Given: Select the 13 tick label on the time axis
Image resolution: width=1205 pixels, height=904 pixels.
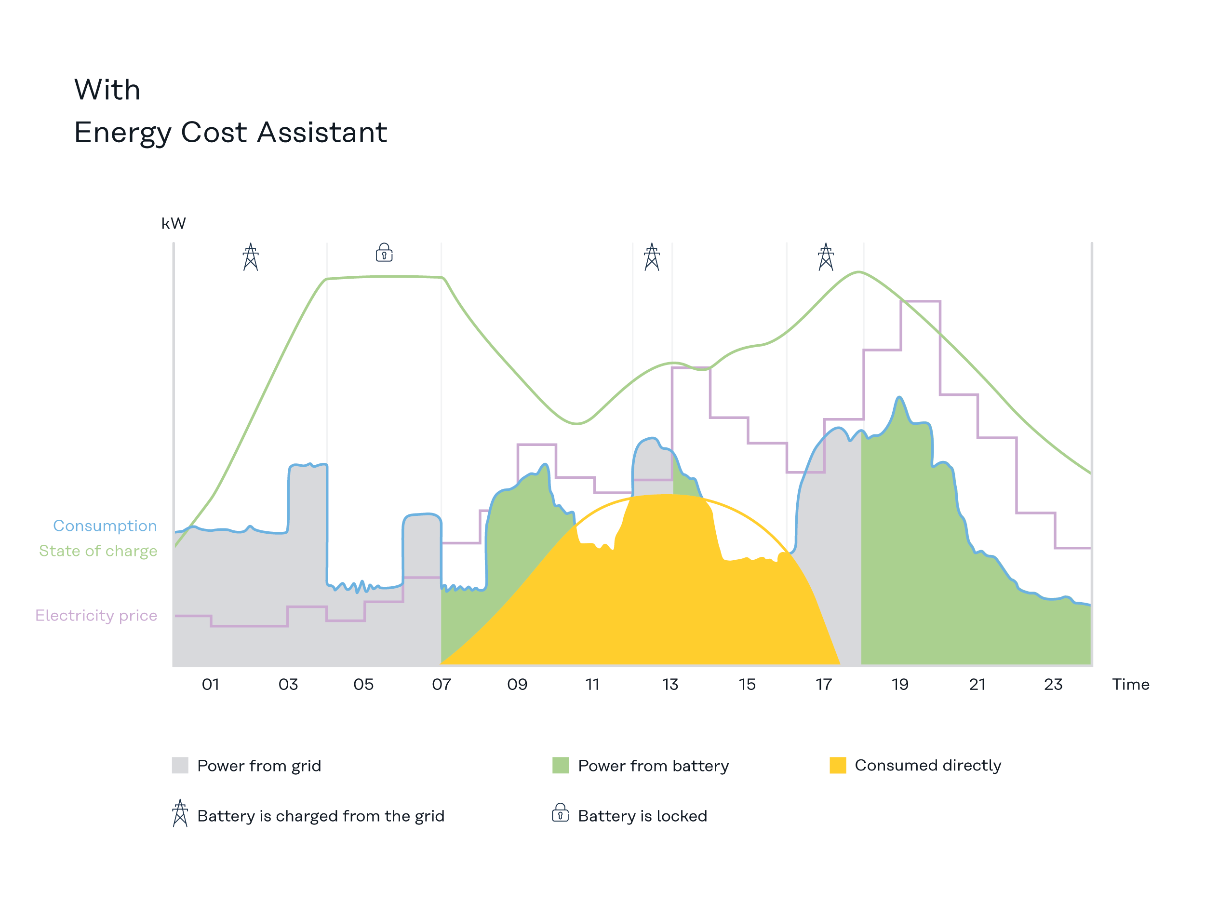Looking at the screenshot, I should tap(670, 685).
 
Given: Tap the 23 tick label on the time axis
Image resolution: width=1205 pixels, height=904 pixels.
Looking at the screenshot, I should tap(1053, 685).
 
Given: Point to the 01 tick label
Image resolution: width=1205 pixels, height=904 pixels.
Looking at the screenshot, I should tap(210, 685).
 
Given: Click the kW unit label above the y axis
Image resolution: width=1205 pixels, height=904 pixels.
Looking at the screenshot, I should tap(173, 223).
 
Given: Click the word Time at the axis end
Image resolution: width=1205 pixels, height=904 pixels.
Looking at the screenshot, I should tap(1130, 685).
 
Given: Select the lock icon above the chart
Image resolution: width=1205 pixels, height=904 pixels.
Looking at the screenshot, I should tap(384, 253).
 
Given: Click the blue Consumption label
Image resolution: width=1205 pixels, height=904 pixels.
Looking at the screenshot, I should tap(105, 526).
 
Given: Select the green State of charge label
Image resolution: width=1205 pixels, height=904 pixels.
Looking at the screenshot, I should tap(98, 551).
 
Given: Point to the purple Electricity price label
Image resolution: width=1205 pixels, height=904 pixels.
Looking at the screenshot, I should tap(96, 615).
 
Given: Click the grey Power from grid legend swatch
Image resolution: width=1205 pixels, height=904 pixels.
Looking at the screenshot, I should tap(180, 765).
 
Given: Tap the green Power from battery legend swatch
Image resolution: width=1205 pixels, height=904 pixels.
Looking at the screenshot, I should tap(561, 765).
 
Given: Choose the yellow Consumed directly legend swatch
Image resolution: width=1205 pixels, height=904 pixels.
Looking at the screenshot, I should tap(838, 765).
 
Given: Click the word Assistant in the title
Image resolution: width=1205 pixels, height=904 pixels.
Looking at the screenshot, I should tap(322, 133).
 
